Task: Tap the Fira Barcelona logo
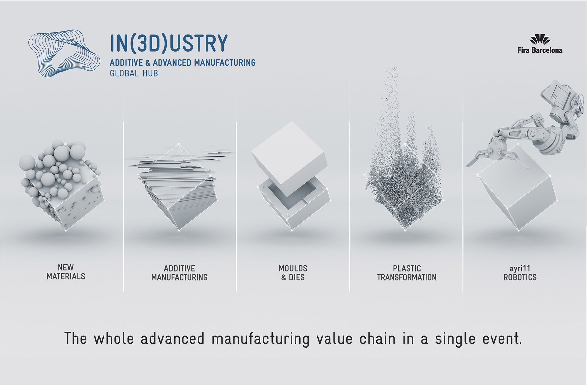pos(540,45)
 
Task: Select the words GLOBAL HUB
pos(134,73)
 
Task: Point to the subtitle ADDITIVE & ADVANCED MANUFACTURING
pos(183,63)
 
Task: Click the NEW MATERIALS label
pos(66,272)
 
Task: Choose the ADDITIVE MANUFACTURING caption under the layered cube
pos(179,273)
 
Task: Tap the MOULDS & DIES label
pos(293,273)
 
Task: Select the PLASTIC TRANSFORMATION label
pos(407,273)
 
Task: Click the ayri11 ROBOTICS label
pos(520,273)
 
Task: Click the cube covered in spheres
pos(61,185)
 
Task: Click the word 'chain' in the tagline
pos(377,339)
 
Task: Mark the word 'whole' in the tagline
pos(114,339)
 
